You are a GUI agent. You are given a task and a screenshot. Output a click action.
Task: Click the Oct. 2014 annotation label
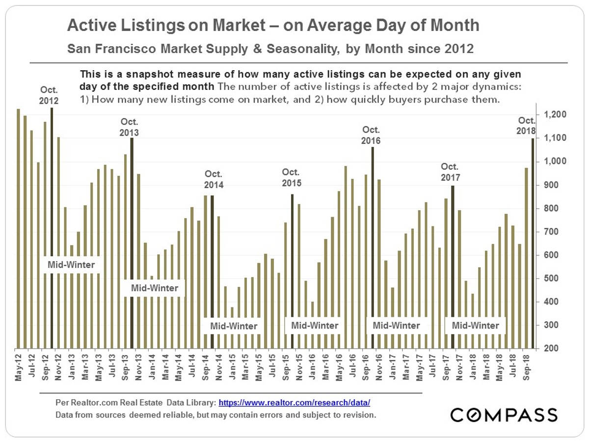point(214,180)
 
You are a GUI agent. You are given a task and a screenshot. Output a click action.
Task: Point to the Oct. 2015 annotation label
point(292,178)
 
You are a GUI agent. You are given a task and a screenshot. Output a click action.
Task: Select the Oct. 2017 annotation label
point(451,171)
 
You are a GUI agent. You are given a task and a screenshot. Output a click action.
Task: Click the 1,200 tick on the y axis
point(555,114)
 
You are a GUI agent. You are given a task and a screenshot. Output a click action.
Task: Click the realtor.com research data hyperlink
point(294,403)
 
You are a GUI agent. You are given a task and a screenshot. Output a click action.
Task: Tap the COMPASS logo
point(504,414)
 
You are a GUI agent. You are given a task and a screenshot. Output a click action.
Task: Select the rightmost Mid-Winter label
point(475,325)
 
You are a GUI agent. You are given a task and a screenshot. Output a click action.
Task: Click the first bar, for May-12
point(18,228)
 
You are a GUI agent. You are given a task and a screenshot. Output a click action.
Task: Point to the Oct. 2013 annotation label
point(129,128)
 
